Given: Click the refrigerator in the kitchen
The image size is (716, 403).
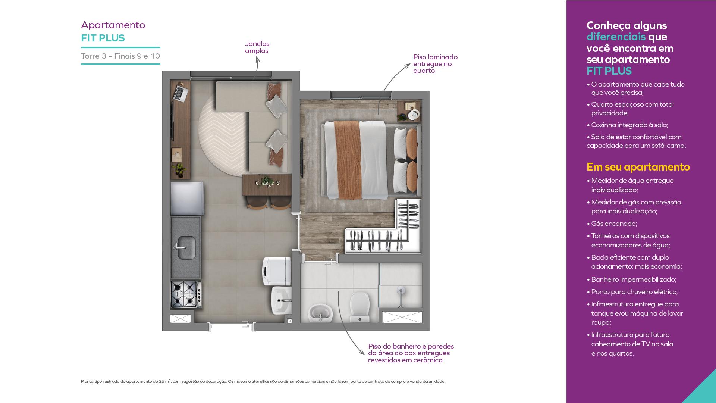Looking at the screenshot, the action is (187, 199).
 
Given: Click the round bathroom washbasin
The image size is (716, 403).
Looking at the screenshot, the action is (320, 313).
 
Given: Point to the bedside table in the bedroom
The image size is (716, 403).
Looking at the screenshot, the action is (409, 112).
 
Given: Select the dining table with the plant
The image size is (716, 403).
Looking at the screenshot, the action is (267, 185).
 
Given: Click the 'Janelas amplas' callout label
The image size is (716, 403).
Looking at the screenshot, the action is (257, 47).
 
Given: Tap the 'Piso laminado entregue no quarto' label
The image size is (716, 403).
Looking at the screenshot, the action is (435, 64).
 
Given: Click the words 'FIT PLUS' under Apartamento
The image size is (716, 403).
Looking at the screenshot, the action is (103, 38).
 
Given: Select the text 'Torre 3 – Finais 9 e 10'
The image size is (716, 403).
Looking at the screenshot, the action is (120, 56).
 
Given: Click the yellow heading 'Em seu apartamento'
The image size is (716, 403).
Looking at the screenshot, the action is (638, 167).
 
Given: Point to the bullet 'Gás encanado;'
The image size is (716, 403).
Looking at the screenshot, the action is (614, 224).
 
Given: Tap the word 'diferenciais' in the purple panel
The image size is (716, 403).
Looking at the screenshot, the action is (616, 37).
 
